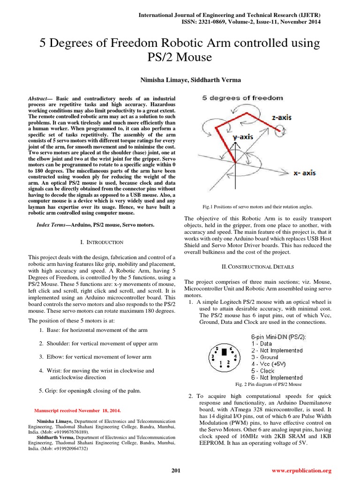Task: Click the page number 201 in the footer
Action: pos(176,470)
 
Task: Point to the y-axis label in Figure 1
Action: pos(243,137)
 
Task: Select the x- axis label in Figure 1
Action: pos(304,173)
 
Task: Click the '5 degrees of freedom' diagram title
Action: pos(242,98)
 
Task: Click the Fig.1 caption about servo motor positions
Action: pos(257,206)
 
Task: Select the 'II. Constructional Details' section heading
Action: pos(257,267)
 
